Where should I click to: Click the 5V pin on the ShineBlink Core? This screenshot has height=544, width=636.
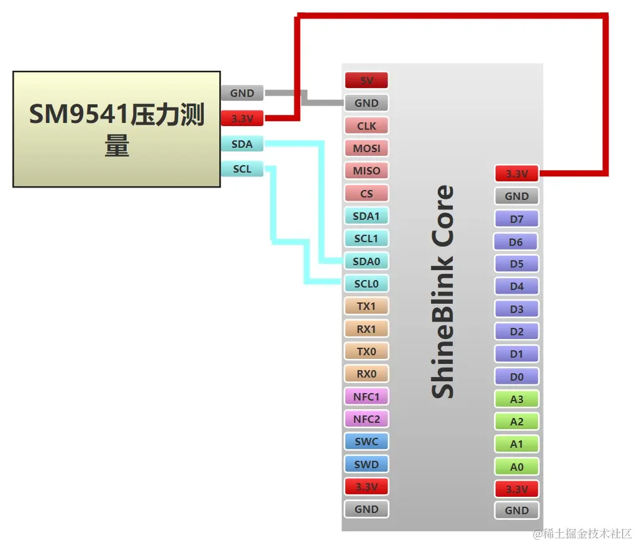(366, 80)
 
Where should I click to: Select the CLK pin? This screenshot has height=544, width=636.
(366, 125)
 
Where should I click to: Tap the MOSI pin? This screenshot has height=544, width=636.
(366, 148)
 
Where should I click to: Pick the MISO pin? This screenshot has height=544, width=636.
(366, 171)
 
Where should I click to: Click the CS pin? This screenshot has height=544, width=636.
(366, 193)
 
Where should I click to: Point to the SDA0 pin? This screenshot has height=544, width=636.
(366, 261)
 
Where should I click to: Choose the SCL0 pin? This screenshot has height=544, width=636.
(366, 284)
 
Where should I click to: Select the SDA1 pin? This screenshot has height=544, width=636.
(366, 216)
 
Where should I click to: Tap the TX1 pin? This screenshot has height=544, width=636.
(366, 306)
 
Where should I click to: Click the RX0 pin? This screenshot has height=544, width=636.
(366, 374)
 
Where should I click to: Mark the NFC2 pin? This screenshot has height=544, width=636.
(366, 419)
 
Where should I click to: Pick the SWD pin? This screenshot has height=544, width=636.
(366, 464)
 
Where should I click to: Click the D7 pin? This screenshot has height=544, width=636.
(516, 219)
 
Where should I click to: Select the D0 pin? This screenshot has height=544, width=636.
(516, 377)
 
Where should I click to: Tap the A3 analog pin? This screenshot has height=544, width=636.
(516, 399)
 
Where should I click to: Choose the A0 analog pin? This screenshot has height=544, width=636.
(516, 467)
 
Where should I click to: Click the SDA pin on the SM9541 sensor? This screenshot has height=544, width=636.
(242, 144)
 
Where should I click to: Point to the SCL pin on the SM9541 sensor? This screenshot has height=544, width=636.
(242, 168)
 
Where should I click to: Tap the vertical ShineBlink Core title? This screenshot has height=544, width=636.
(443, 292)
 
